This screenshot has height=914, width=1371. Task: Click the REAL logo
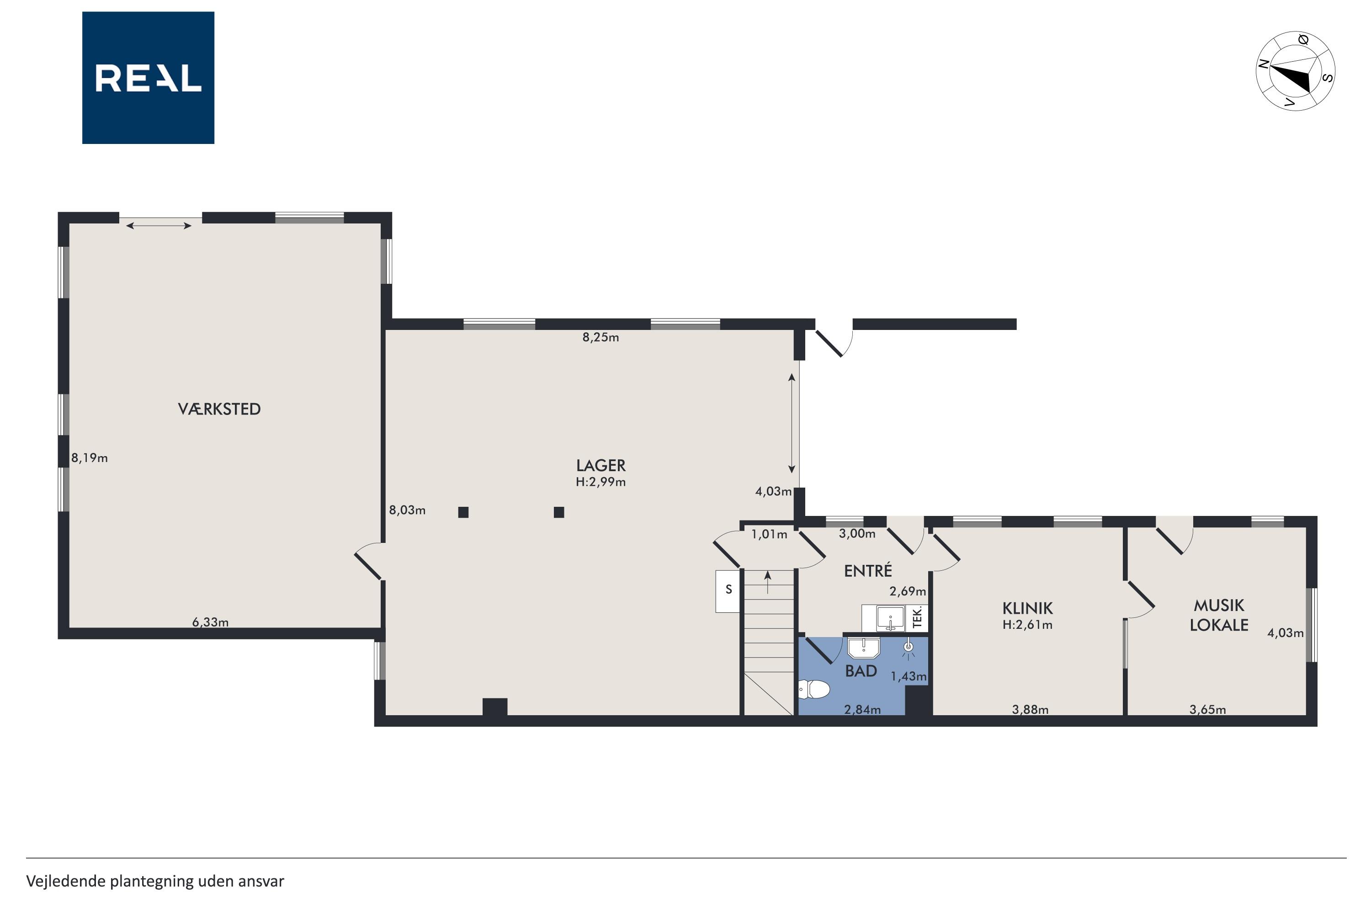click(x=148, y=78)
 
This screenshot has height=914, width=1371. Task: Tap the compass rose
click(x=1295, y=71)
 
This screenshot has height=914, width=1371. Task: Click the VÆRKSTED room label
click(x=219, y=409)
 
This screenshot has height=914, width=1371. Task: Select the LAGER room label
click(x=600, y=465)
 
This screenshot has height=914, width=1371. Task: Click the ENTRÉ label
click(x=868, y=571)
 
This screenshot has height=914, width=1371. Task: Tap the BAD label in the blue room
click(x=861, y=671)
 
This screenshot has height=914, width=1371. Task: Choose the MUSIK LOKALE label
click(x=1219, y=616)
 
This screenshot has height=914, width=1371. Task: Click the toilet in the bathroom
click(x=814, y=690)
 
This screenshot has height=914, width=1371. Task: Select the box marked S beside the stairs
click(x=728, y=591)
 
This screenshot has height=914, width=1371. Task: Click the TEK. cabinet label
click(x=917, y=618)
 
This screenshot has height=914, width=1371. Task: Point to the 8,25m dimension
click(x=600, y=338)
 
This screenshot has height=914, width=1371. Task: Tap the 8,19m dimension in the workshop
click(x=89, y=458)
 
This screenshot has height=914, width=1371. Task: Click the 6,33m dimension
click(x=210, y=622)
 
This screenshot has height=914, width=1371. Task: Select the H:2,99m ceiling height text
click(x=600, y=482)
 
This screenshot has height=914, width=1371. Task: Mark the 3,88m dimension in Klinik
click(x=1030, y=710)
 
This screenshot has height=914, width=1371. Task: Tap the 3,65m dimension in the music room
click(x=1207, y=710)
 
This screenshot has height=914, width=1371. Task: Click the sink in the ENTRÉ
click(x=890, y=618)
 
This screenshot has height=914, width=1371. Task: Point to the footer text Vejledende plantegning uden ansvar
click(x=155, y=882)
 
